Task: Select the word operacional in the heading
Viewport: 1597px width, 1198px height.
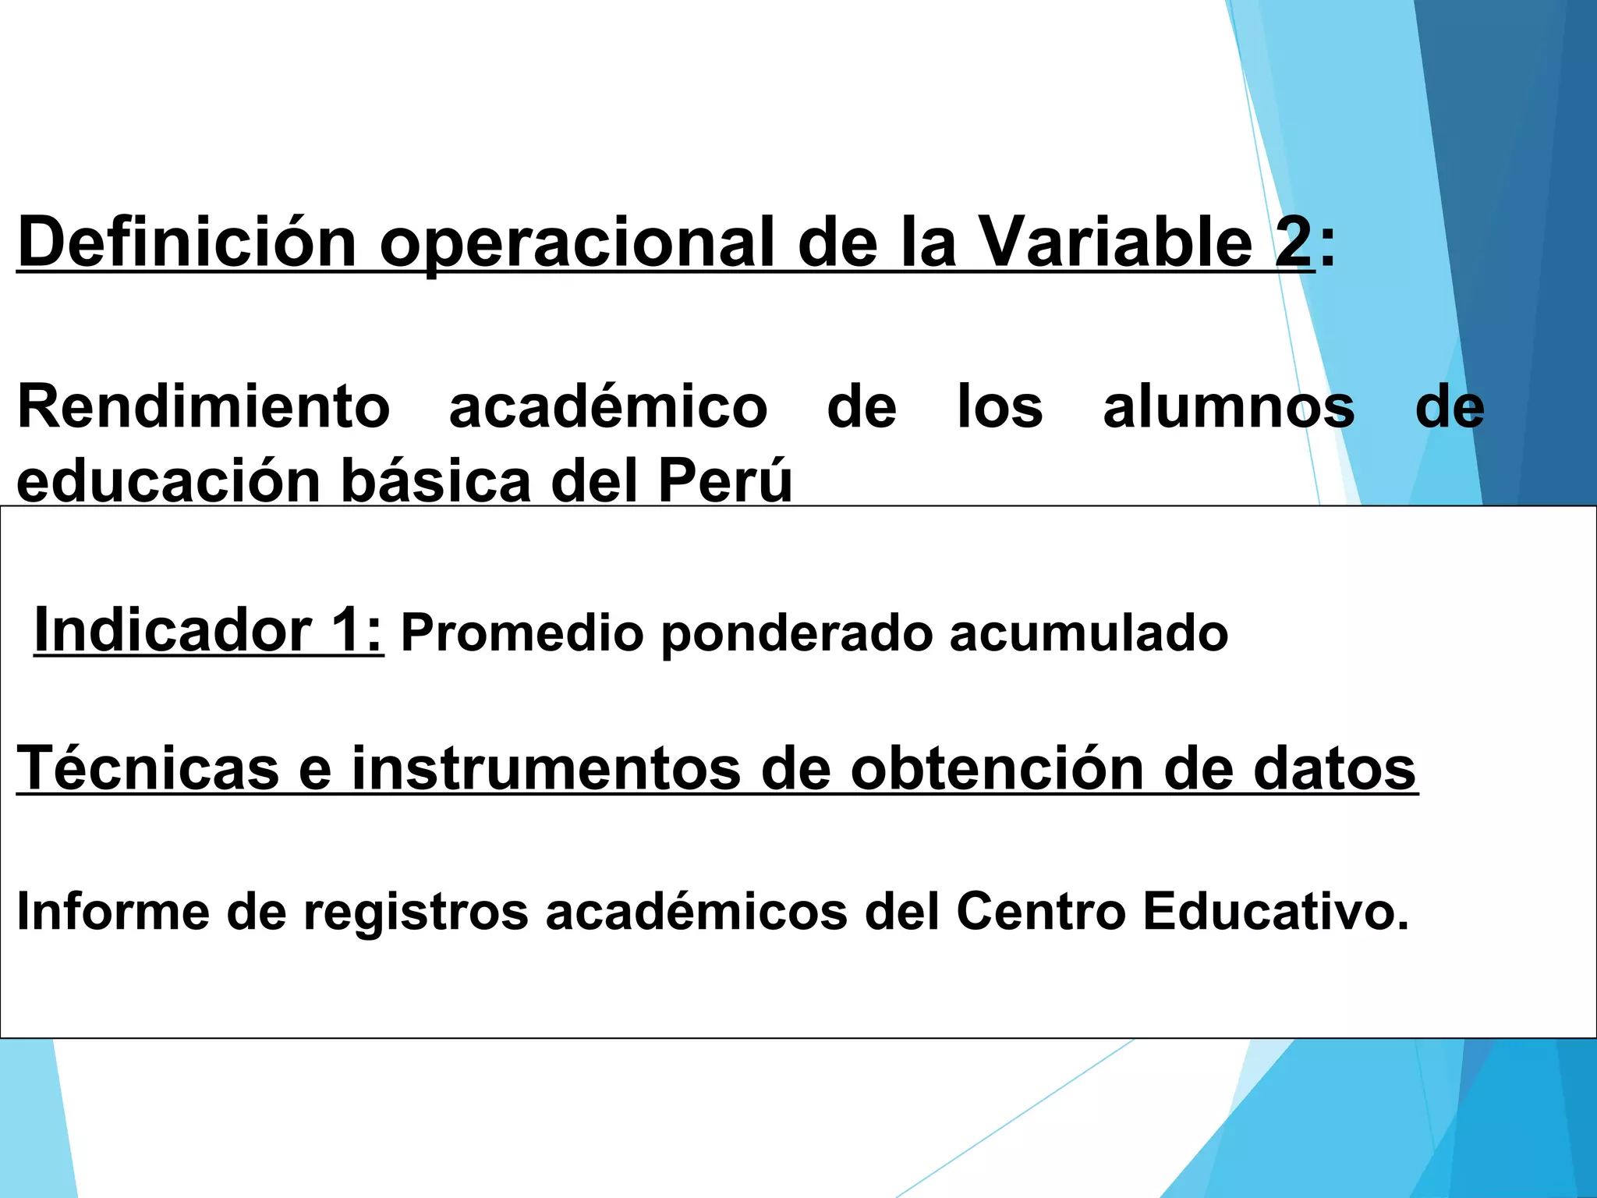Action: tap(578, 243)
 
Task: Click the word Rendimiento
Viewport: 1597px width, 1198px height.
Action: tap(204, 406)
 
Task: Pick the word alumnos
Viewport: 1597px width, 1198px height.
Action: tap(1229, 406)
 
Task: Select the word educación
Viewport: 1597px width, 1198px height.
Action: tap(168, 481)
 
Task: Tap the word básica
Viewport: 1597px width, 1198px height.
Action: tap(437, 481)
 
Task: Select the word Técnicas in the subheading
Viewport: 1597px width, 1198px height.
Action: tap(148, 768)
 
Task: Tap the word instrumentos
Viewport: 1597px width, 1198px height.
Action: tap(546, 768)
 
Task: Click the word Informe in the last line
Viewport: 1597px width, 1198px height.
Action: tap(113, 911)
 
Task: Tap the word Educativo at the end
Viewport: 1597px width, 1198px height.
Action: tap(1276, 911)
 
